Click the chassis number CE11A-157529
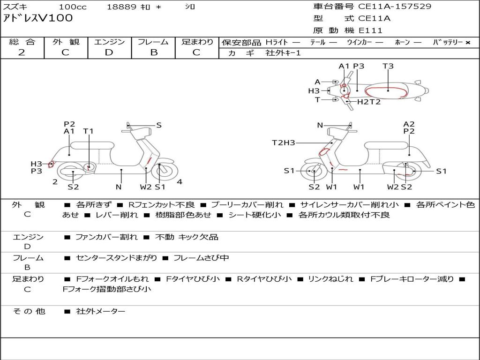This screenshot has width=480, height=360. coord(395,6)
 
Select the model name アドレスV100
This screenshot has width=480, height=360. coord(37,18)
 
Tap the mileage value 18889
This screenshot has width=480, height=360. coord(121,7)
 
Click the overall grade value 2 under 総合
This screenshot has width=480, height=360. coord(22,52)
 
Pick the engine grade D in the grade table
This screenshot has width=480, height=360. coord(109,52)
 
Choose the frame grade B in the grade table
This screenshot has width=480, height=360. coord(154,52)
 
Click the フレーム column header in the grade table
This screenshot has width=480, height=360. coord(153,42)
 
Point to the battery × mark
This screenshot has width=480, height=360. coord(468,43)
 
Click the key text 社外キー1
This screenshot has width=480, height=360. coord(283,53)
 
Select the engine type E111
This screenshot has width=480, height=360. coord(370,30)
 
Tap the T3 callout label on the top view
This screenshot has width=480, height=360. coord(388,66)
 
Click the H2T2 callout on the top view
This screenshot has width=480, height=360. coord(369,102)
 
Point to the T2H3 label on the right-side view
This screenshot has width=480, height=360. coord(284,142)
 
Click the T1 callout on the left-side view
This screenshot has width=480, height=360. coord(88,131)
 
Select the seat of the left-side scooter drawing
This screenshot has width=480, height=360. coord(92,145)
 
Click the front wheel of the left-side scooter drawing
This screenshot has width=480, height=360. coord(160,170)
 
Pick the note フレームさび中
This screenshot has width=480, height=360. coord(201,258)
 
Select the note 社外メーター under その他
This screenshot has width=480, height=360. coord(100,311)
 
